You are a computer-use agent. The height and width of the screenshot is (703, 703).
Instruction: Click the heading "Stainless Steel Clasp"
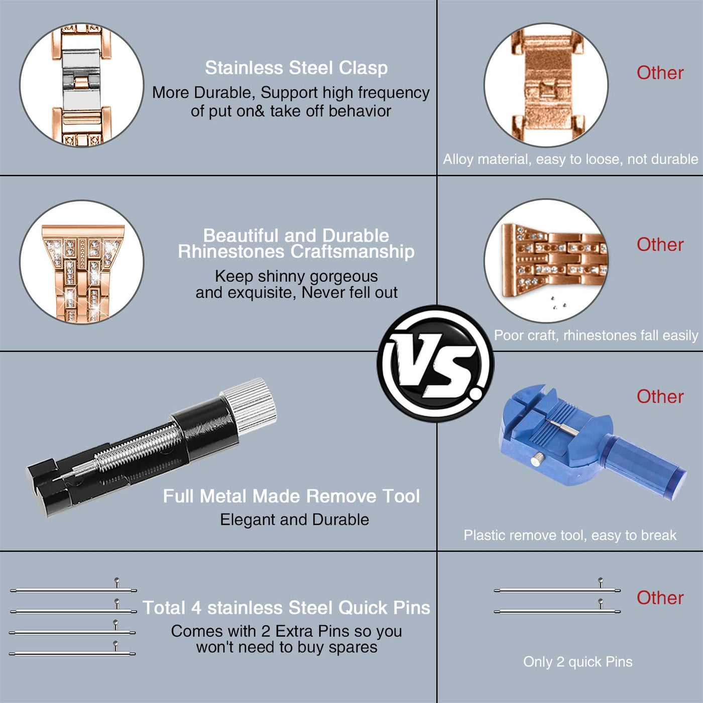coord(296,68)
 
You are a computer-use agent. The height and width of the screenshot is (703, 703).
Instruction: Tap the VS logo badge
coord(435,364)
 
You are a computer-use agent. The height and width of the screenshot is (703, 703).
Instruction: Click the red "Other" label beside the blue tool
coord(660,397)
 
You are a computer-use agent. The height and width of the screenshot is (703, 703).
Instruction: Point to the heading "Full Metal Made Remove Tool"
coord(291,496)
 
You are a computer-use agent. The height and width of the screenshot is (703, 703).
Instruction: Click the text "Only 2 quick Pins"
coord(578,661)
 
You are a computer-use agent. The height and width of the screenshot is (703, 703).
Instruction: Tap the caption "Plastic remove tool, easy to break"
coord(570,535)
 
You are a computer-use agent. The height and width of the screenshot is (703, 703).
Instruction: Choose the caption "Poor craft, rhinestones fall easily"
coord(596,335)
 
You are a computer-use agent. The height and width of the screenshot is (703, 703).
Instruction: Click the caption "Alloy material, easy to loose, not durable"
coord(570,159)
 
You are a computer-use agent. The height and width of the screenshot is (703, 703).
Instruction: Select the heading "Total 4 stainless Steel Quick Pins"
coord(286,608)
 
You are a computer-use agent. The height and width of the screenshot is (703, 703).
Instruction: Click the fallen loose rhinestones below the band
coord(558,303)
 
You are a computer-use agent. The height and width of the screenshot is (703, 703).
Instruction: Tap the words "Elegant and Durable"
coord(294,520)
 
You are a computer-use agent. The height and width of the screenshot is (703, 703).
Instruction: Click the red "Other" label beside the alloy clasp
coord(660,73)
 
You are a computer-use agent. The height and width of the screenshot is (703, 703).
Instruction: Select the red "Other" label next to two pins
coord(660,598)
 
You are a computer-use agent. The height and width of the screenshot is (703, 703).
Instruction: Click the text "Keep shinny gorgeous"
coord(296,276)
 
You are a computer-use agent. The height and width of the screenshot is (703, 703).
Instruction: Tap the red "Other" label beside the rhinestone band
coord(660,245)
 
